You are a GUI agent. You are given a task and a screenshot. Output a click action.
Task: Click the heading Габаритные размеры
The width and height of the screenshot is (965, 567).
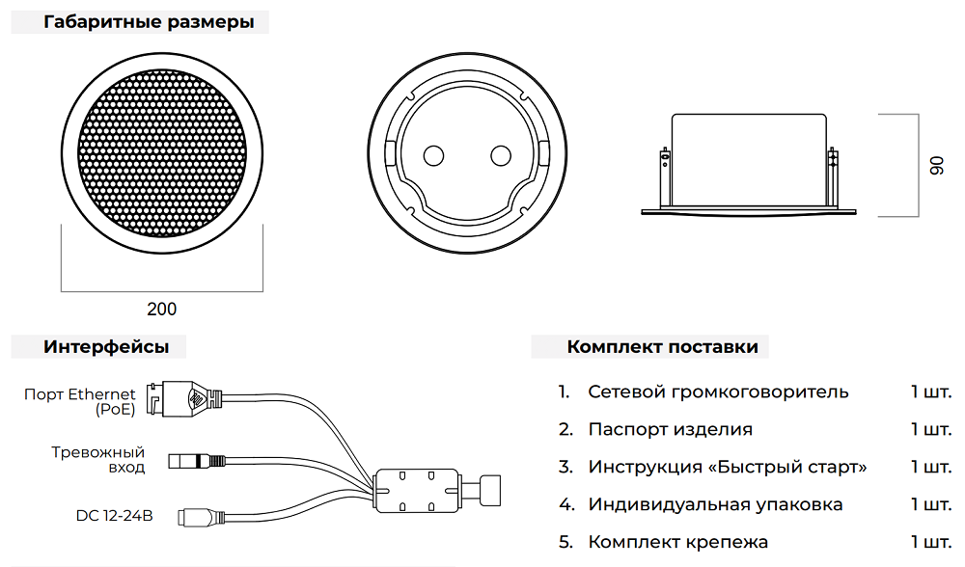(150, 22)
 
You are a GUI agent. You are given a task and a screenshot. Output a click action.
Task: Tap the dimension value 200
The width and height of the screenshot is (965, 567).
(161, 310)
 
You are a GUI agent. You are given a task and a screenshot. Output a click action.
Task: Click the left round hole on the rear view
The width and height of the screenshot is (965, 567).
(432, 155)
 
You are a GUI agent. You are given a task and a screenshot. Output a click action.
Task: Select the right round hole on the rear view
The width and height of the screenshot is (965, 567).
(500, 155)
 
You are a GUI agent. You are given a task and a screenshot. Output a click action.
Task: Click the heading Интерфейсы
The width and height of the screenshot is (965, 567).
(106, 347)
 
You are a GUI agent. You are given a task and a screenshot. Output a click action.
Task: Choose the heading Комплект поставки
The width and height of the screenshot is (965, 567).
(662, 347)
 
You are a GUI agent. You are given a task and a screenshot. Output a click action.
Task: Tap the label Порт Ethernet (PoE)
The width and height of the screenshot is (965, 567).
(80, 401)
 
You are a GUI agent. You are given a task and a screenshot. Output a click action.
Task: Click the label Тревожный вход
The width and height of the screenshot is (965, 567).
(98, 460)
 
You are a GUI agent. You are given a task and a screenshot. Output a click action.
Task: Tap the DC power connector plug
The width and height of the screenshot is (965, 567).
(198, 517)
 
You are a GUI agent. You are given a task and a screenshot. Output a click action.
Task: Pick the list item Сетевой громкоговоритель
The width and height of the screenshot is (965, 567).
(718, 391)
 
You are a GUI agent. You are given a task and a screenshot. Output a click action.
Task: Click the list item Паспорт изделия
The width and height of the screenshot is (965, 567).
(670, 429)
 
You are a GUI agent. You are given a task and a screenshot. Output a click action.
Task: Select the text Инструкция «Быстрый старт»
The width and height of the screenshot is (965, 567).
(728, 467)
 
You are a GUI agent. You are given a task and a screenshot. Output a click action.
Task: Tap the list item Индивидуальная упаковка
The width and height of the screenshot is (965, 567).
(715, 504)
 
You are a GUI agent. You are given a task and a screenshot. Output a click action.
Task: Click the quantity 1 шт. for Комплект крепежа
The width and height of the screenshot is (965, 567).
(930, 542)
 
